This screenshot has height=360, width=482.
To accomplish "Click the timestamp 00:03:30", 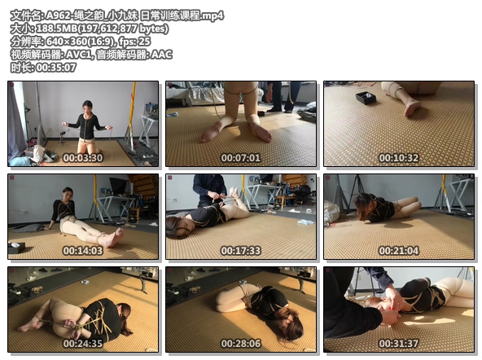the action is pyautogui.click(x=83, y=158).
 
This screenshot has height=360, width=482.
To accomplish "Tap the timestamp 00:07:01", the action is pyautogui.click(x=241, y=158).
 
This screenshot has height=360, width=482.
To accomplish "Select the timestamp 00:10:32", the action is pyautogui.click(x=399, y=158).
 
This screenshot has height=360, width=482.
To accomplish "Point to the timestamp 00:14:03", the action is pyautogui.click(x=83, y=251).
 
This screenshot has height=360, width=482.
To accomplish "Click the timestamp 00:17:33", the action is pyautogui.click(x=241, y=251).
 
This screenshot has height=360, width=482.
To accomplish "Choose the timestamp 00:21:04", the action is pyautogui.click(x=399, y=251).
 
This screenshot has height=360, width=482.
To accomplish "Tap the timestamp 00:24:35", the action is pyautogui.click(x=83, y=344).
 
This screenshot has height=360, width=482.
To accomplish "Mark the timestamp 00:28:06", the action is pyautogui.click(x=241, y=344).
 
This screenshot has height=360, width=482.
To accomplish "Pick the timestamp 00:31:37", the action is pyautogui.click(x=399, y=344).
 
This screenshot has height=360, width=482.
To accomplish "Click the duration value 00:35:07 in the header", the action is pyautogui.click(x=56, y=68).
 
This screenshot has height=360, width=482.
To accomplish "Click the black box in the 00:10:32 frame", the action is pyautogui.click(x=366, y=98).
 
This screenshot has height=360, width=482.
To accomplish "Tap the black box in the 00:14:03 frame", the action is pyautogui.click(x=16, y=248).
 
